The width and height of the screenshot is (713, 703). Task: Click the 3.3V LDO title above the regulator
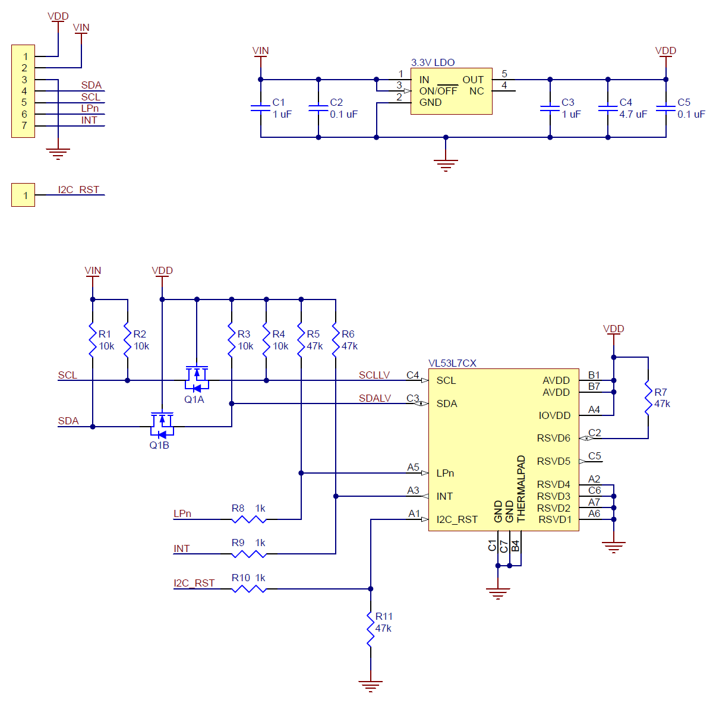(x=433, y=62)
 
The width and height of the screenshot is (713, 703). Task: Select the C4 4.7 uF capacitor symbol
(x=608, y=108)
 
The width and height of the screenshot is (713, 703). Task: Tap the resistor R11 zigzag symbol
(x=370, y=629)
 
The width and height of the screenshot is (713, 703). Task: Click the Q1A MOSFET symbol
(x=197, y=379)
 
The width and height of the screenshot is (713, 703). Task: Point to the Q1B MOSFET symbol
(x=162, y=425)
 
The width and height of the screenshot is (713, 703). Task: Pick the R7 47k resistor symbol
(x=648, y=398)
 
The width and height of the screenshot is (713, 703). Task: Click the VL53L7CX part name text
(x=452, y=363)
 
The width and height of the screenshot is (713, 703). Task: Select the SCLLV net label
(x=374, y=375)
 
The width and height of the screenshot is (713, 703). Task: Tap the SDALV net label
(x=374, y=398)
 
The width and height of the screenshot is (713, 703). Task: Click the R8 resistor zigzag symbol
(x=248, y=519)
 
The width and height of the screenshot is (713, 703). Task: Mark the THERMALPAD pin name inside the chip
(x=520, y=488)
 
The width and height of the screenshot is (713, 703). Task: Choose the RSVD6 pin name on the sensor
(x=554, y=438)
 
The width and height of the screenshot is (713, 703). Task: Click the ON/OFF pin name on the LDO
(x=438, y=91)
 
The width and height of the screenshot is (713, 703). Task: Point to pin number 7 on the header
(x=24, y=125)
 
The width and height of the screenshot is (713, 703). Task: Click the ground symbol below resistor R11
(x=370, y=686)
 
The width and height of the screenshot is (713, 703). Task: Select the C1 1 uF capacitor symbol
(x=260, y=108)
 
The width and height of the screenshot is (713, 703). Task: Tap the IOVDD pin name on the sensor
(x=554, y=415)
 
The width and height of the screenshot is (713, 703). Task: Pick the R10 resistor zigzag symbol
(x=248, y=589)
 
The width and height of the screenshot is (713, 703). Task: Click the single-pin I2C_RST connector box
(x=23, y=195)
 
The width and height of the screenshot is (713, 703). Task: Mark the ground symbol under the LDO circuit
(x=446, y=165)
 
